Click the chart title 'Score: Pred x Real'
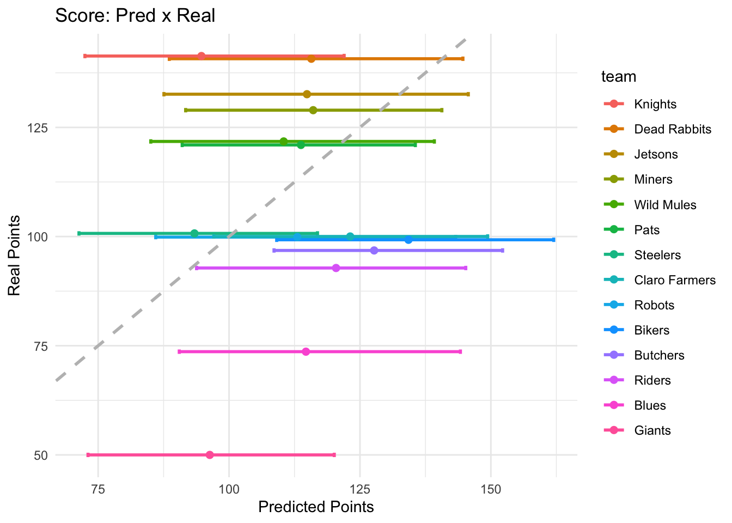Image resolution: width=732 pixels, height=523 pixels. (135, 15)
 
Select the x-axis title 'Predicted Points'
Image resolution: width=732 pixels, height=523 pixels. (316, 507)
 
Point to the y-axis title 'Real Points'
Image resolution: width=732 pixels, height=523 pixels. (15, 256)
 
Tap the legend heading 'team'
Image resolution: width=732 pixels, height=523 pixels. (619, 77)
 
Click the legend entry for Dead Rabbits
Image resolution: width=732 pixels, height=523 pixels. (673, 129)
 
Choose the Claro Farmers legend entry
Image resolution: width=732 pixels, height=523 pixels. (675, 280)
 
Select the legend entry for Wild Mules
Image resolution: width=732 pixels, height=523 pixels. (665, 205)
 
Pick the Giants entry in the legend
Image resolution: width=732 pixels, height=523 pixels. (652, 430)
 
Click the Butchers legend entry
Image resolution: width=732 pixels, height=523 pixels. (659, 355)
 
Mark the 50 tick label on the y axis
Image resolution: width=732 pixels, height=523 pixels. (41, 455)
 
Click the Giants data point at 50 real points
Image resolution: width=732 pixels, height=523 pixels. (210, 455)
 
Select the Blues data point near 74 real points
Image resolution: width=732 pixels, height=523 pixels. (306, 351)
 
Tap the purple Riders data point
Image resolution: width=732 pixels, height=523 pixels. (336, 268)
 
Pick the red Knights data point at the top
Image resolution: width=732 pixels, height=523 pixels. (202, 56)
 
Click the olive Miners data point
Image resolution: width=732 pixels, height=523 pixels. (313, 110)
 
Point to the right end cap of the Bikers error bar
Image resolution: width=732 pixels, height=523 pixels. (553, 240)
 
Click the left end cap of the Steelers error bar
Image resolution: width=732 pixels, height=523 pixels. (79, 233)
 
